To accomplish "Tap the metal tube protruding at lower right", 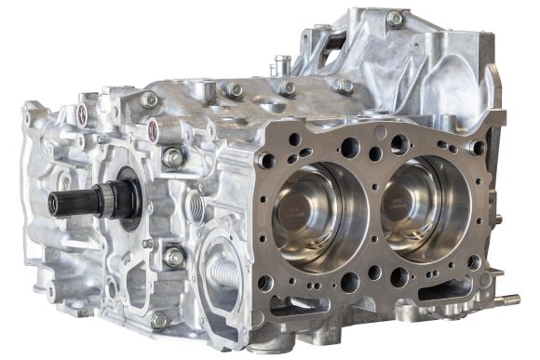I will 507,300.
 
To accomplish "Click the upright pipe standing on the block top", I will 282,65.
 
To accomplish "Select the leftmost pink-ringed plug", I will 82,113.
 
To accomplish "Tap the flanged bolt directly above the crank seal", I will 173,158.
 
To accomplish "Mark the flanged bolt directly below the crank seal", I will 173,257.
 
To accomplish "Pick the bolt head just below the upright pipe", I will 288,88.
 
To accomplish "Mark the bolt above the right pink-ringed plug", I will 148,99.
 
